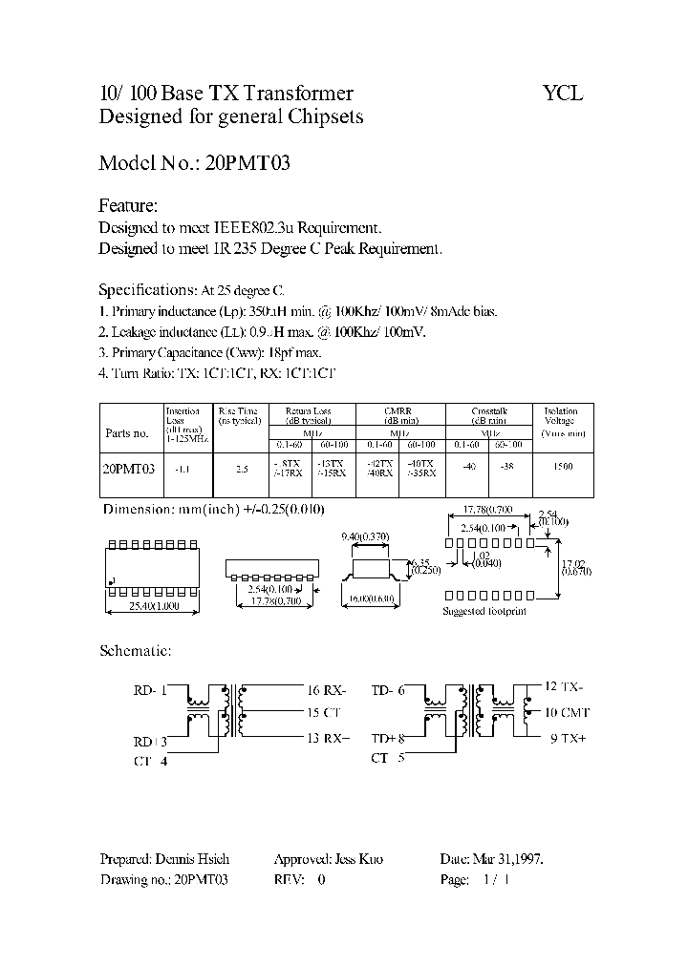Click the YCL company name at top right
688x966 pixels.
(x=562, y=94)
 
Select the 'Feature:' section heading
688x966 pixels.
(x=128, y=206)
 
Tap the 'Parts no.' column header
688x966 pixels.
(x=127, y=433)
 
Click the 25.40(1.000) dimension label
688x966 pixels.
(x=152, y=604)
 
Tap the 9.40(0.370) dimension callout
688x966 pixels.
(x=365, y=537)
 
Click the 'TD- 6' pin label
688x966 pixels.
(x=387, y=688)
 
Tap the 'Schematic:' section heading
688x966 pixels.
(x=136, y=651)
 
